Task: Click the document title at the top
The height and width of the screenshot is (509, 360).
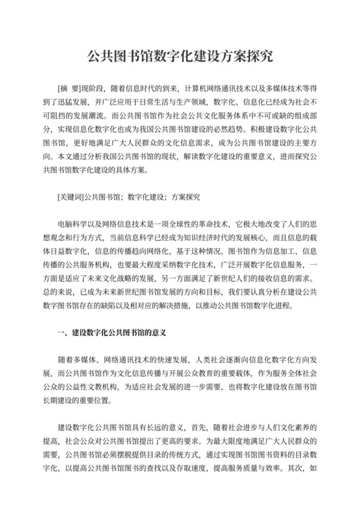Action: coord(179,57)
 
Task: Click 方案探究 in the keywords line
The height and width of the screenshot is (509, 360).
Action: coord(184,197)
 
